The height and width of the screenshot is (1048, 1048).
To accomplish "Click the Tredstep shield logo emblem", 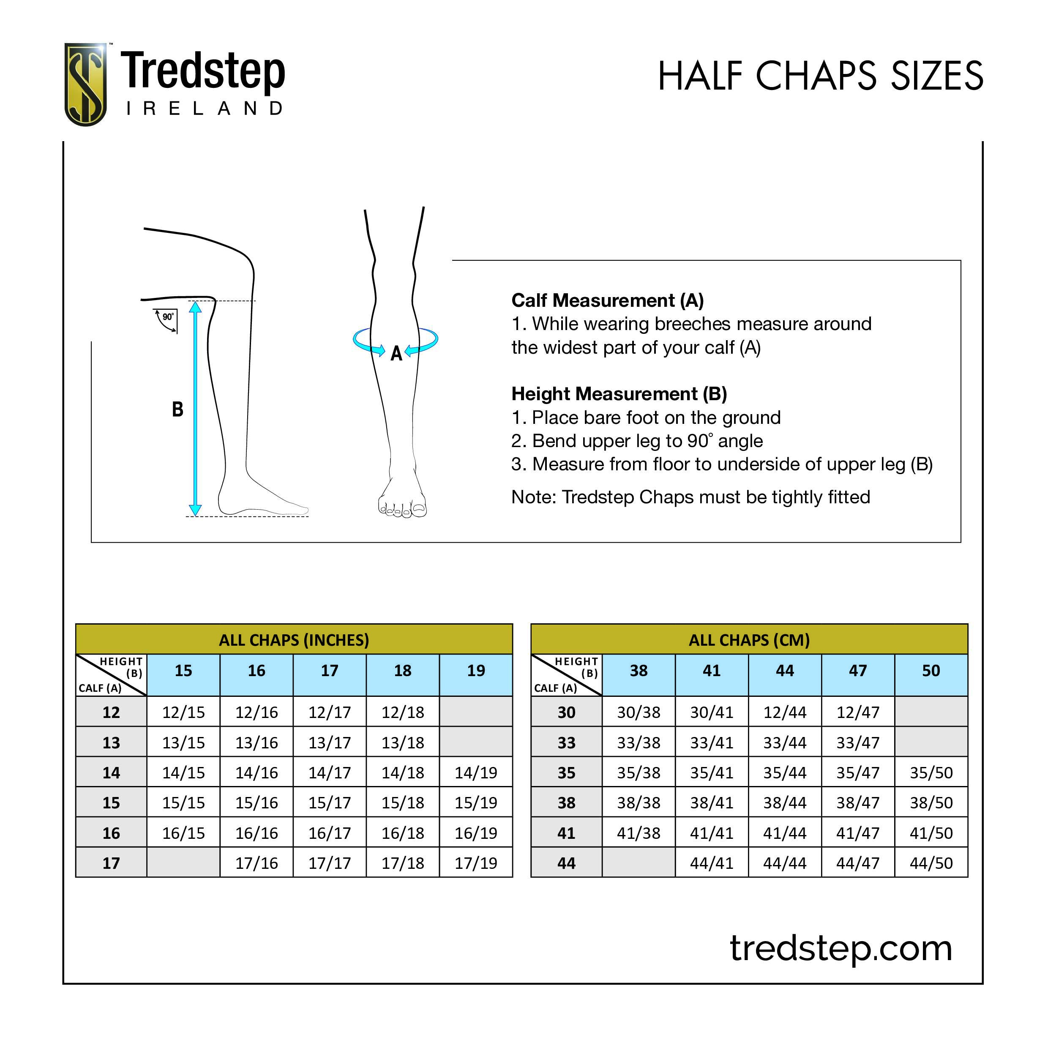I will click(85, 84).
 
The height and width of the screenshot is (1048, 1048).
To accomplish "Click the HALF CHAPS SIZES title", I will click(820, 76).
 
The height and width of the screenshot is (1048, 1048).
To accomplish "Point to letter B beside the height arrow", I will click(177, 409).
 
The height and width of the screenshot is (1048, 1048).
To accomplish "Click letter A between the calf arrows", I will click(396, 354).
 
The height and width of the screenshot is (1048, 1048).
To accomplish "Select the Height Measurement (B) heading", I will click(618, 394).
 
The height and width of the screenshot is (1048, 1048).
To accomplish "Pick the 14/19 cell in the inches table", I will click(476, 772).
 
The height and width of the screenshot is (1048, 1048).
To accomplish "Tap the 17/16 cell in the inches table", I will click(256, 863).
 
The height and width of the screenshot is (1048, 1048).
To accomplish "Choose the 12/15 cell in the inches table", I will click(183, 712).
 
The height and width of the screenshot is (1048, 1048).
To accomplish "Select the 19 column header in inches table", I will click(476, 671).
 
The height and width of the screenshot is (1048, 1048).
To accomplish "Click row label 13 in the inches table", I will click(111, 742).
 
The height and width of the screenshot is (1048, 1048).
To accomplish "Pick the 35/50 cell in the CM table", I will click(931, 772).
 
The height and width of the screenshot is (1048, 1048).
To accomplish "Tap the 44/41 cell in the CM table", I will click(711, 863).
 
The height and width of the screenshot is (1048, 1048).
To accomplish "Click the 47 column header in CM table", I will click(857, 671).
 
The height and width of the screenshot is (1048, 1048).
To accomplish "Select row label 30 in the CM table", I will click(566, 712).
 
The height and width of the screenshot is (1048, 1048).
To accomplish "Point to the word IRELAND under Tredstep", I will click(205, 109).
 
